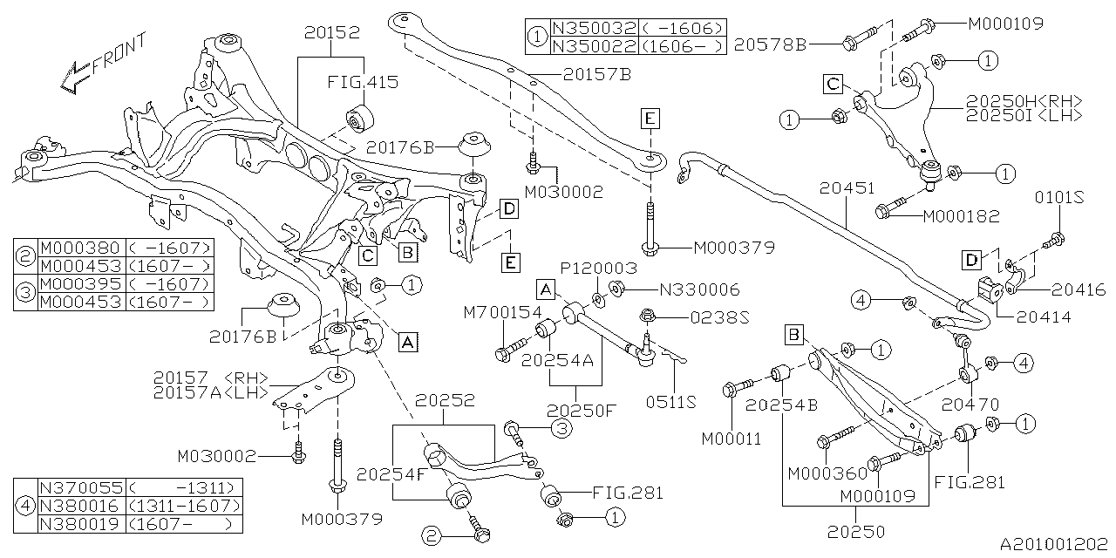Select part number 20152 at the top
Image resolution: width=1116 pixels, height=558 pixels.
click(331, 32)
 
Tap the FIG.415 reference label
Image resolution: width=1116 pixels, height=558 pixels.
click(363, 83)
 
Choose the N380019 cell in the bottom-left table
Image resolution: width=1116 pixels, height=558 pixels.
click(83, 524)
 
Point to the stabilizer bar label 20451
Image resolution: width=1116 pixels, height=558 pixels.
click(848, 187)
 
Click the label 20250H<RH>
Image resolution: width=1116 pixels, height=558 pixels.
click(1024, 100)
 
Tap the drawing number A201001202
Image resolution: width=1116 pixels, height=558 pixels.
click(1052, 544)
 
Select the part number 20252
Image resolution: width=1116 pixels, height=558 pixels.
click(445, 401)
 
